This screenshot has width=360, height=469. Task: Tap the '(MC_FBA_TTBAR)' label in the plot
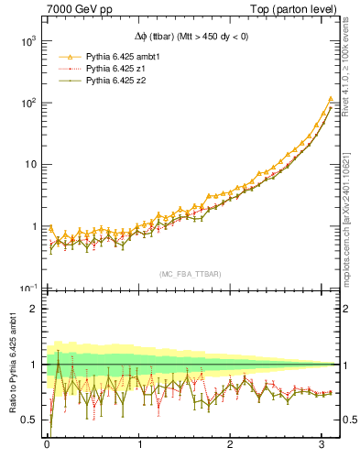point(191,274)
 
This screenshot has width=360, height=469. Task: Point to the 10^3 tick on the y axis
point(26,41)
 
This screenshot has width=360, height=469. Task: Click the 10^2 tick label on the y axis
point(26,103)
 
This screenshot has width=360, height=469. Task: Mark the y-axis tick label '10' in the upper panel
point(28,165)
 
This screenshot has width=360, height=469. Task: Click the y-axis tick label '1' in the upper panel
point(32,226)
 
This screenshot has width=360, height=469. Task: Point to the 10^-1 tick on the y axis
point(26,288)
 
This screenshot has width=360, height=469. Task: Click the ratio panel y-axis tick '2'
point(32,309)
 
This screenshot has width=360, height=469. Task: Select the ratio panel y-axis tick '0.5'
point(27,420)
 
